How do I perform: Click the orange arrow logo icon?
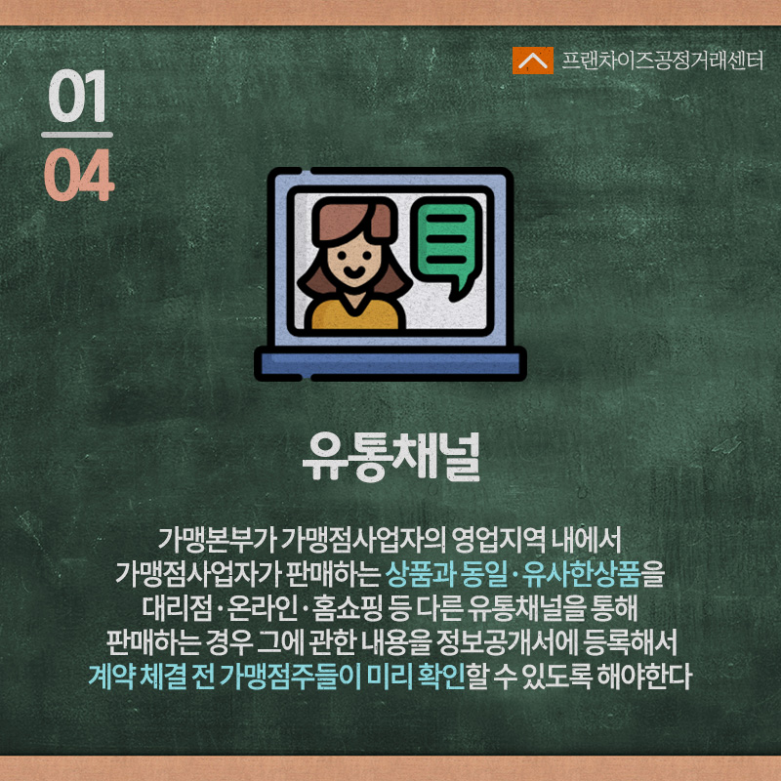532,61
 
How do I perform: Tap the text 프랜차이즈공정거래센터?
663,61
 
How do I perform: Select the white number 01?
77,96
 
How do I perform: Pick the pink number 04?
79,175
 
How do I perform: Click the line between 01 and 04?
77,135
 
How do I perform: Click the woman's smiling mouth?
353,272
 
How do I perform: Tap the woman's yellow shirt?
354,314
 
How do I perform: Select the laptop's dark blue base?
390,363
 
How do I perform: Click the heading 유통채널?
391,457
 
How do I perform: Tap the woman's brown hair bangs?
351,219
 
